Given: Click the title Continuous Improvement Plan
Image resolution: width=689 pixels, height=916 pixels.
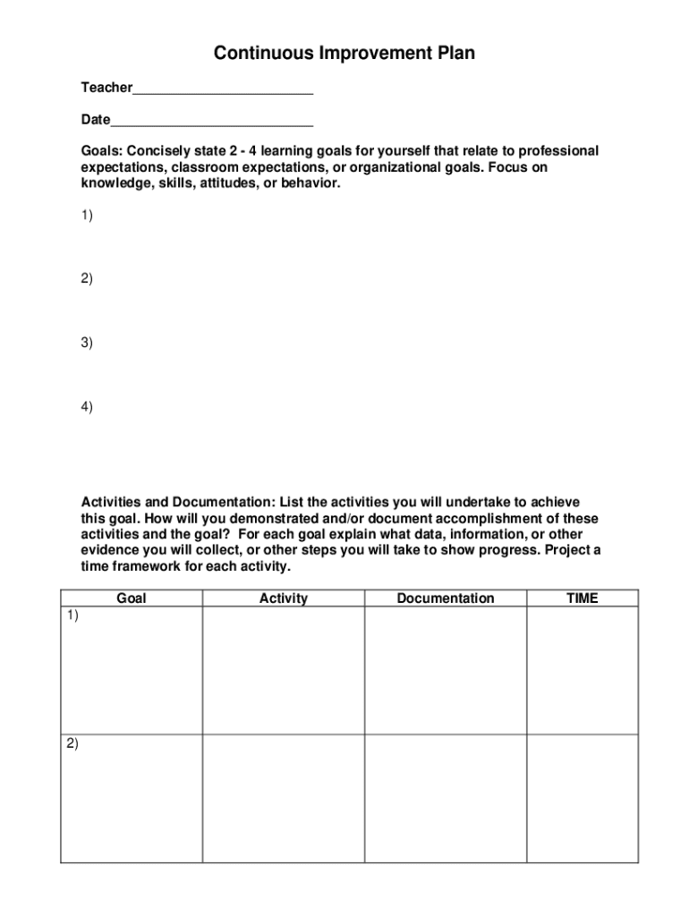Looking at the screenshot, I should (x=344, y=54).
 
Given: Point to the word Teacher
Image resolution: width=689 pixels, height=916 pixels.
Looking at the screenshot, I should (x=106, y=88).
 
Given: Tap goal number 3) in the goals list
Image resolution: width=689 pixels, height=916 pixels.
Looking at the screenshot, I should (x=87, y=343).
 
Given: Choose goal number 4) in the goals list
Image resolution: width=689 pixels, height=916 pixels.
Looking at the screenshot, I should (x=87, y=407).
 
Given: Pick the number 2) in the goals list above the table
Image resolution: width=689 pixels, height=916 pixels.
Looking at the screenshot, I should (x=87, y=278).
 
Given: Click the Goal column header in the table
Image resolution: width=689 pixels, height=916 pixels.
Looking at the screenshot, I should (x=132, y=598).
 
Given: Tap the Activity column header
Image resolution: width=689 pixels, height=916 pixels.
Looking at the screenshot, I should (x=283, y=598).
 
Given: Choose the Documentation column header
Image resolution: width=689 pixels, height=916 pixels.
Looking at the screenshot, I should (x=446, y=598).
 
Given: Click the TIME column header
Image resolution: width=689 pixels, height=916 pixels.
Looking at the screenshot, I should (x=583, y=598).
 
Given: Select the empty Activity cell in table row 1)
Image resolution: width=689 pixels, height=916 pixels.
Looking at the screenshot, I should (x=283, y=671).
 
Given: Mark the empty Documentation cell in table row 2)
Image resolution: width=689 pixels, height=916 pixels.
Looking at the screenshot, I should (x=446, y=798).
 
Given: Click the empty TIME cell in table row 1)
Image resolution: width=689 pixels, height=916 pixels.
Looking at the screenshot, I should (x=583, y=671).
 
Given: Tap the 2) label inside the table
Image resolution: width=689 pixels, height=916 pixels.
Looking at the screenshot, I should (x=72, y=743).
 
